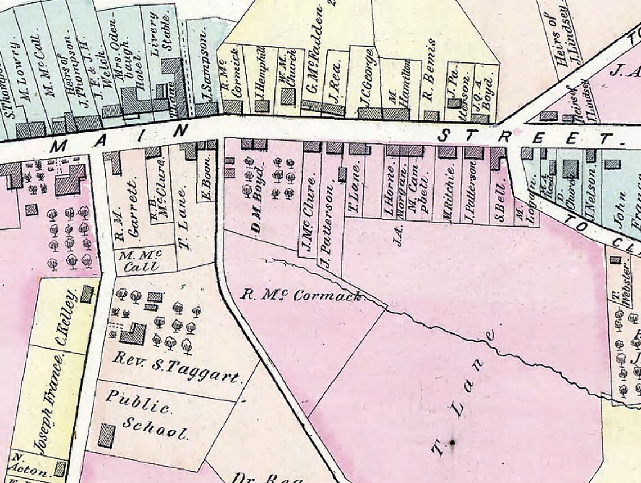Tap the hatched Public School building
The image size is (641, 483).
coord(106,436)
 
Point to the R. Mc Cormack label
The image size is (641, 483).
coord(302,295)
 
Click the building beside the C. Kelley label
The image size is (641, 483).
coord(87,294)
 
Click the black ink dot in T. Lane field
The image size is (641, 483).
coord(451,443)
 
